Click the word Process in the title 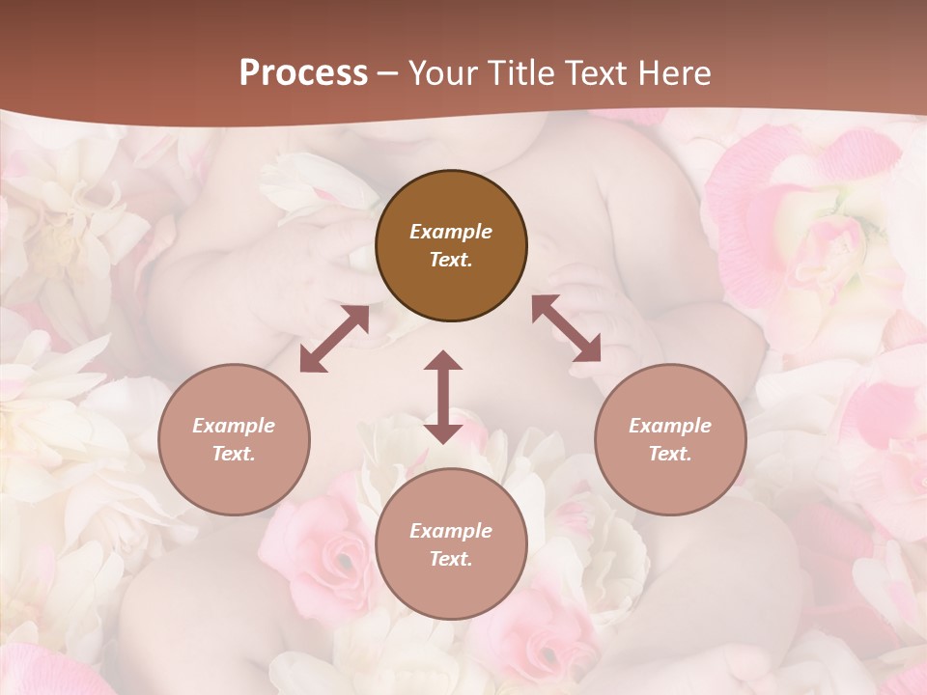tap(303, 73)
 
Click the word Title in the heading tap(518, 73)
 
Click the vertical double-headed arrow tap(443, 397)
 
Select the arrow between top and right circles tap(566, 329)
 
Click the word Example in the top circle tap(451, 232)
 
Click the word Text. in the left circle tap(234, 454)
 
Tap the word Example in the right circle tap(670, 426)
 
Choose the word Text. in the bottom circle tap(451, 559)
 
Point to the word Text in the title tap(593, 73)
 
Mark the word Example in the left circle tap(234, 426)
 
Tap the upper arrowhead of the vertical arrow tap(443, 361)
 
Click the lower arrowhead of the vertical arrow tap(443, 431)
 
